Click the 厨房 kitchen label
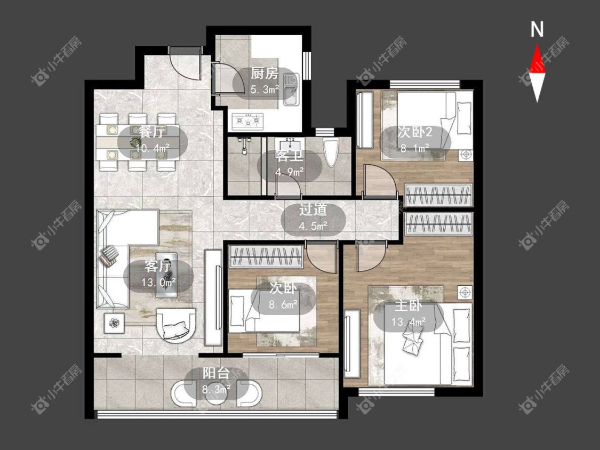(x=264, y=74)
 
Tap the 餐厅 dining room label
(x=152, y=132)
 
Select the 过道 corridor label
(x=313, y=210)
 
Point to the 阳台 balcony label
(x=216, y=373)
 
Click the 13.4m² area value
(x=407, y=322)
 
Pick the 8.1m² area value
(x=414, y=148)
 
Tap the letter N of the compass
(x=537, y=29)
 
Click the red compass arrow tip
(x=537, y=45)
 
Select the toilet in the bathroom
(x=331, y=151)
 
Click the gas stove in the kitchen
(x=247, y=120)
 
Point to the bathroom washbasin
(x=290, y=145)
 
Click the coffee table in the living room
(x=166, y=274)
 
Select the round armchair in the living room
(x=176, y=324)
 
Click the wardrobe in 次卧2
(x=438, y=195)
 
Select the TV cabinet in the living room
(x=213, y=298)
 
